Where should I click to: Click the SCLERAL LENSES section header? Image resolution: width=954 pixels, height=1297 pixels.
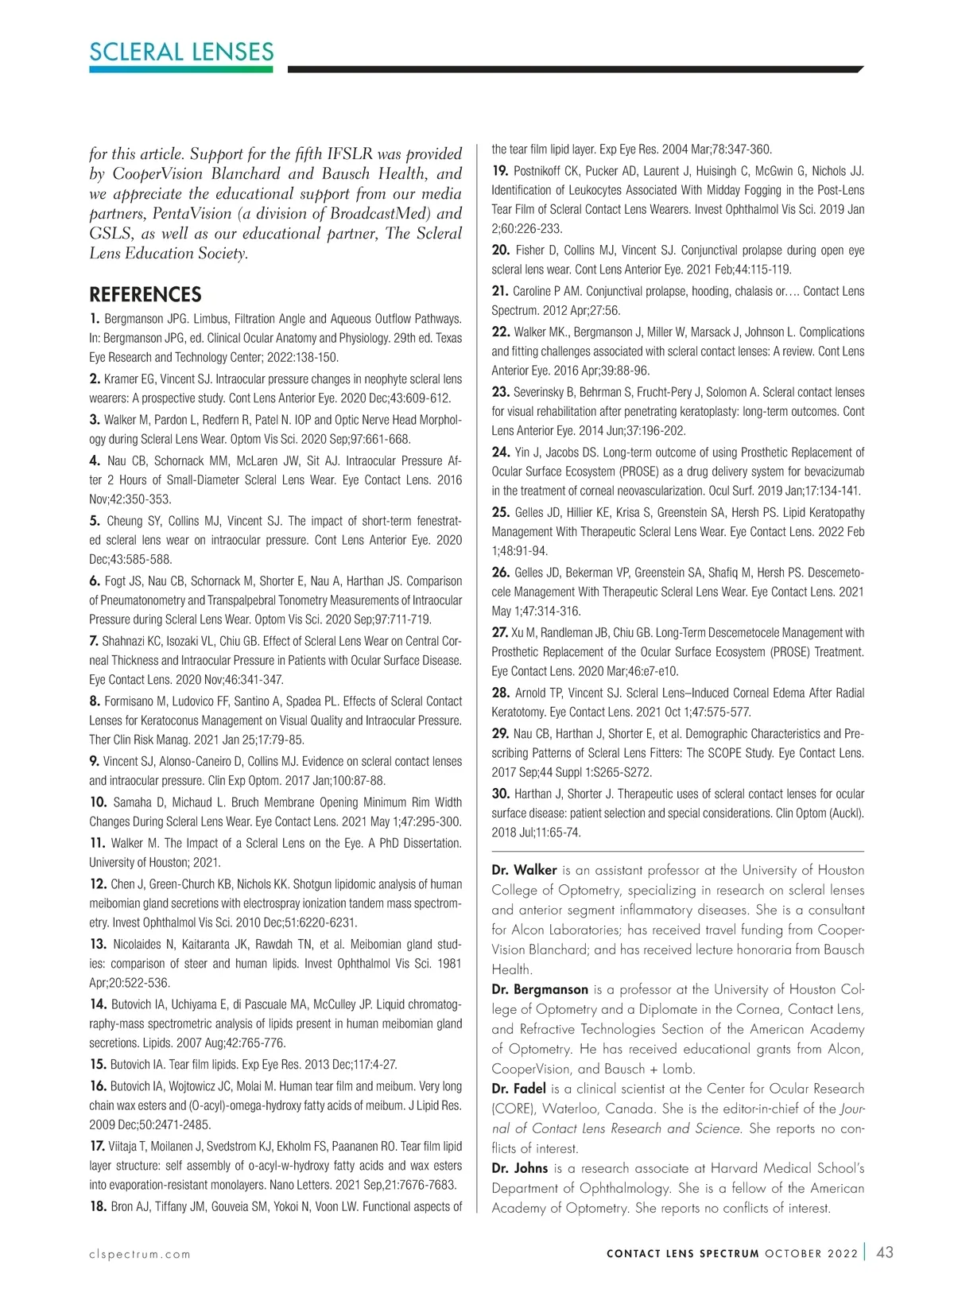(181, 52)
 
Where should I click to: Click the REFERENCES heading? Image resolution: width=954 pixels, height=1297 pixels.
(145, 294)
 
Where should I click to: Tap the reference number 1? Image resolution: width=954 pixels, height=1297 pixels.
(95, 319)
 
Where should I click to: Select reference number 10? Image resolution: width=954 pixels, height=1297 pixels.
(98, 802)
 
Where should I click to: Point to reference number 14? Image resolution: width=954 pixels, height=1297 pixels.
(98, 1004)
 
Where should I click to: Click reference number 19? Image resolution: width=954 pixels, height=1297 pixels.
(500, 170)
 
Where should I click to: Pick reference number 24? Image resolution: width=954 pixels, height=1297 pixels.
(500, 452)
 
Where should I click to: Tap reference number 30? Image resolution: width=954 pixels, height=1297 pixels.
(500, 793)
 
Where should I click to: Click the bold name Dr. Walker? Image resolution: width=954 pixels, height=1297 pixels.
(524, 870)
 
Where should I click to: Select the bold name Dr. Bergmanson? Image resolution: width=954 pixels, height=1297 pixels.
(540, 989)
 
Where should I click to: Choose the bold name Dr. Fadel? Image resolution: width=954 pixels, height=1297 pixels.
(518, 1089)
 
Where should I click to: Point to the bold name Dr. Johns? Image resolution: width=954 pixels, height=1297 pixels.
(519, 1168)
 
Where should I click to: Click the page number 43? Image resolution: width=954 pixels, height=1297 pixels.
(884, 1252)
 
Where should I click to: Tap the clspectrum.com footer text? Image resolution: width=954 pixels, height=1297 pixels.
(140, 1254)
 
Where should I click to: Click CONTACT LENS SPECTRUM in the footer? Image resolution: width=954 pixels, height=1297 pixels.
(682, 1254)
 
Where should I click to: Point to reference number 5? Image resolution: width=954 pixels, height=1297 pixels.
(95, 521)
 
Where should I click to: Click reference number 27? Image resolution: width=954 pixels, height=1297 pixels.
(500, 632)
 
